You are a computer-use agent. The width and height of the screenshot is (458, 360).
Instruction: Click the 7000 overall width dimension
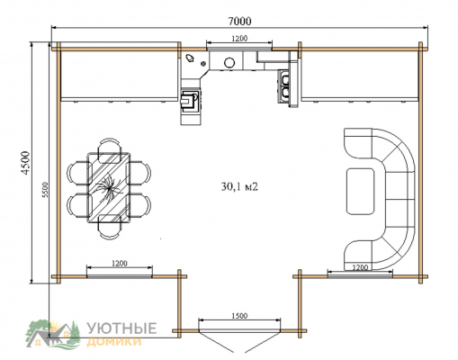239,22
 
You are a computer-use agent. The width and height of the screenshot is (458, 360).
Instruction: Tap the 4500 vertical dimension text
26,163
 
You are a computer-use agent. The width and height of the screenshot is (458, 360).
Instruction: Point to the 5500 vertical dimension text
45,190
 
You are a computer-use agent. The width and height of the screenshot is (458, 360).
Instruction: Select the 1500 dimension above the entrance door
239,316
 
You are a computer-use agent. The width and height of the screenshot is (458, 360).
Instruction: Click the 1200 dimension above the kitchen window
239,38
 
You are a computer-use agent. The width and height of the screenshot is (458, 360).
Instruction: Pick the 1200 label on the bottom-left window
120,264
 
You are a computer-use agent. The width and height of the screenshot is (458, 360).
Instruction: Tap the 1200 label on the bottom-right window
360,267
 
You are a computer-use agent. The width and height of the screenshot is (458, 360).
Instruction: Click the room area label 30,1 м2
239,186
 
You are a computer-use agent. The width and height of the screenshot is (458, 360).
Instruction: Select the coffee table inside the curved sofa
361,192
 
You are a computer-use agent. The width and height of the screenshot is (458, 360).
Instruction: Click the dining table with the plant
109,188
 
